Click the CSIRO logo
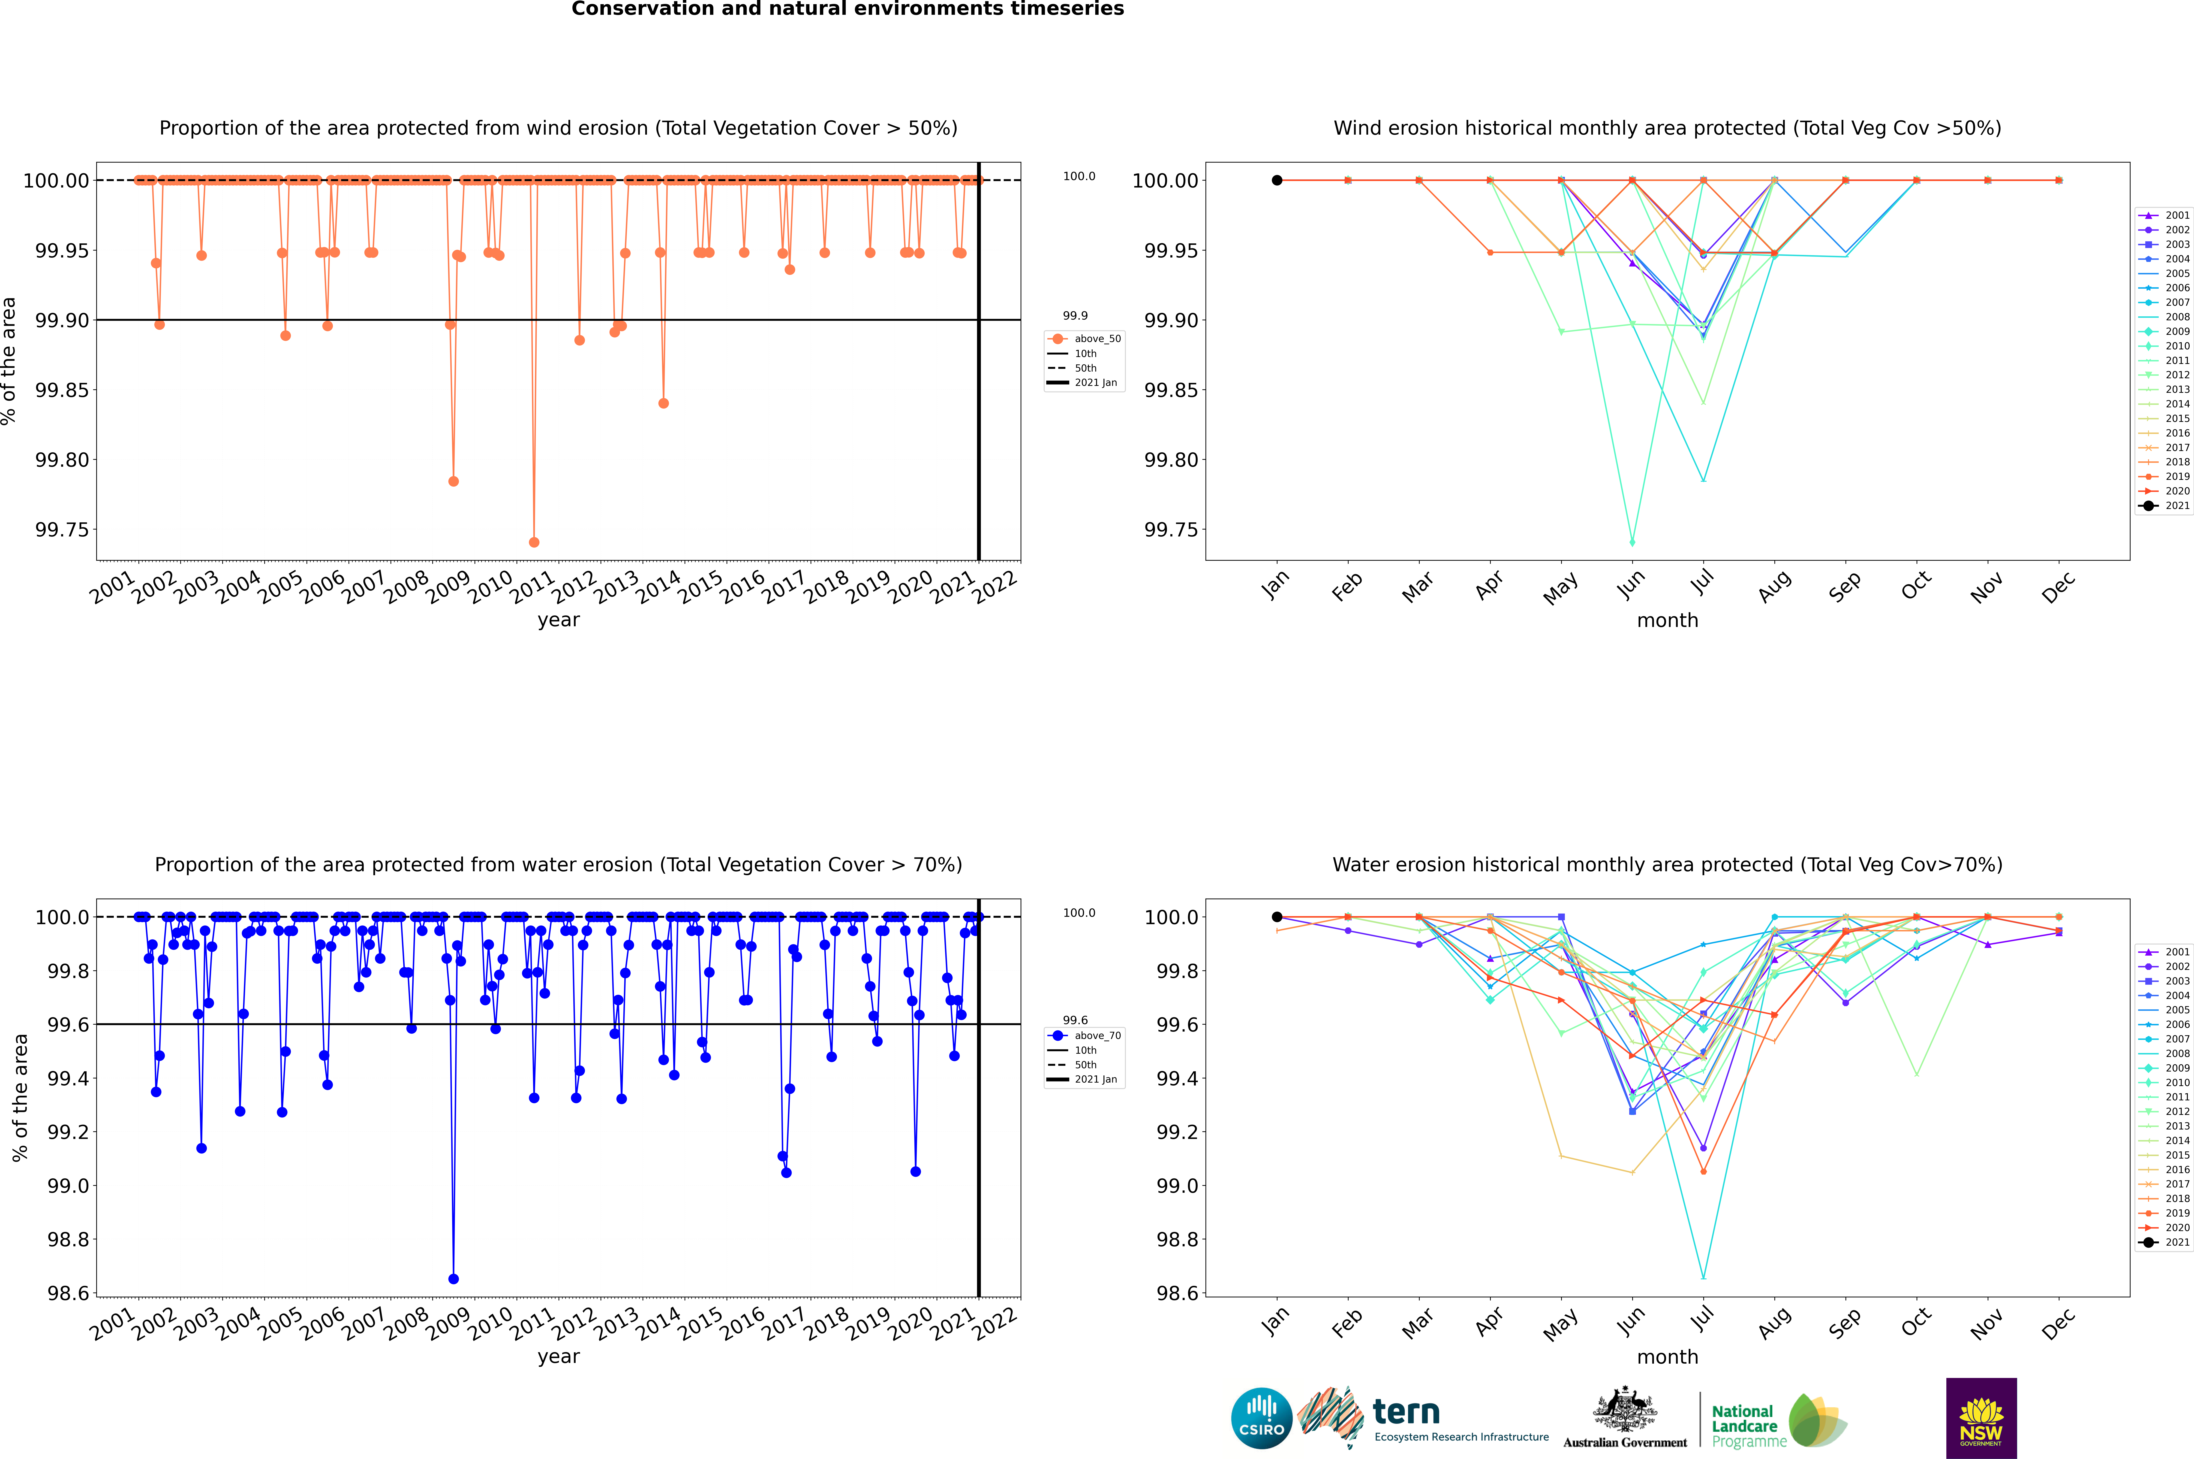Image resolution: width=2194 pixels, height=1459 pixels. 1261,1418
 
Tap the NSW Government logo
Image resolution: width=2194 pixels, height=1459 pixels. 1981,1418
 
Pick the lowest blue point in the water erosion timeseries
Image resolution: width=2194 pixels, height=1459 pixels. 453,1278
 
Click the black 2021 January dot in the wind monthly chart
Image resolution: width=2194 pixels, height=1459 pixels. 1277,181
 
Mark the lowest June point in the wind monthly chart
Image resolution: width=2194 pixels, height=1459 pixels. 1632,542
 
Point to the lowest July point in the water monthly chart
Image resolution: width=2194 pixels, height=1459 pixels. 1703,1277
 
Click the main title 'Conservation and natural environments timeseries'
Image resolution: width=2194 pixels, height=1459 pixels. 847,9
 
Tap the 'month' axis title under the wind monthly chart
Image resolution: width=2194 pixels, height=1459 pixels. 1667,621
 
